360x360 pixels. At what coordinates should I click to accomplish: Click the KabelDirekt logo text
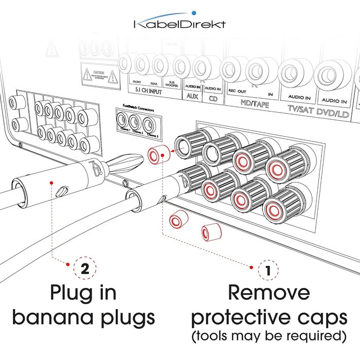(x=179, y=24)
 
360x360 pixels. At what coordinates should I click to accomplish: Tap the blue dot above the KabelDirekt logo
(x=193, y=11)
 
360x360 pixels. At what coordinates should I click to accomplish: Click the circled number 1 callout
(x=267, y=269)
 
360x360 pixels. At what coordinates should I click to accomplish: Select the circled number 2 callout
(x=84, y=268)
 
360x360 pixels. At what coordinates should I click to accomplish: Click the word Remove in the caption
(x=269, y=293)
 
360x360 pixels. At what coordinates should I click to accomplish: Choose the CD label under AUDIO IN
(x=212, y=98)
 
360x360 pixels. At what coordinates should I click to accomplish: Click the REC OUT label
(x=238, y=92)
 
